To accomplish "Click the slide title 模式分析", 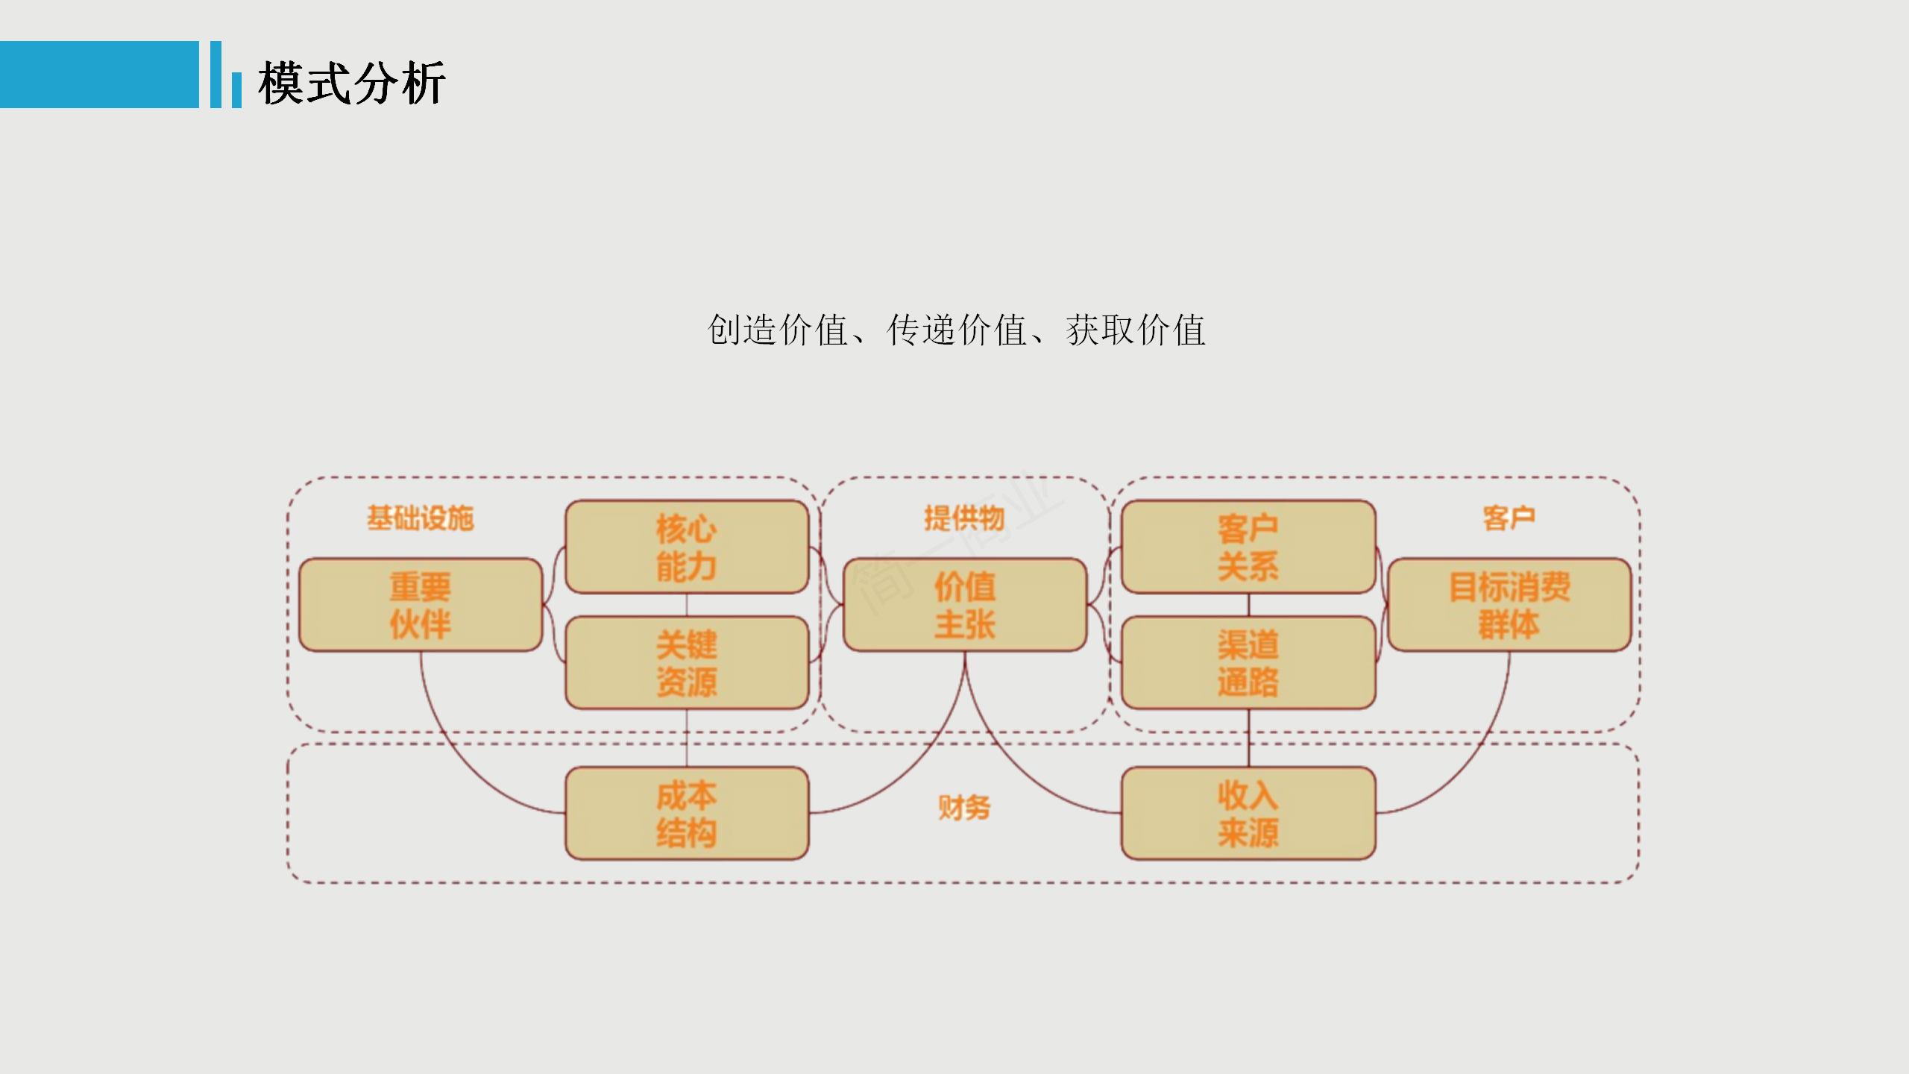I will click(x=351, y=83).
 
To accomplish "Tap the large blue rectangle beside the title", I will click(x=99, y=75).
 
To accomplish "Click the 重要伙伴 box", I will click(x=421, y=605).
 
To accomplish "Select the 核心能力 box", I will click(x=687, y=547).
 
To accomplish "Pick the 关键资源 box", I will click(x=687, y=663).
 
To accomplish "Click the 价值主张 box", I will click(x=965, y=605).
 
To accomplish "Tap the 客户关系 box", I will click(x=1248, y=547).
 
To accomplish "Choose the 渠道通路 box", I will click(x=1248, y=663).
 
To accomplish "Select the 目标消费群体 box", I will click(x=1509, y=605).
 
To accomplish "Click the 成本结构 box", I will click(x=687, y=814).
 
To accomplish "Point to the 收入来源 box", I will click(x=1248, y=814).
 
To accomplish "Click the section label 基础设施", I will click(x=421, y=518).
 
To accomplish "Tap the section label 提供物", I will click(x=965, y=518).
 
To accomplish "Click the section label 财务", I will click(x=964, y=807).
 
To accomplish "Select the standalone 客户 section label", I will click(x=1509, y=518).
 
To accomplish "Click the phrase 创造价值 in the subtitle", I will click(x=777, y=330).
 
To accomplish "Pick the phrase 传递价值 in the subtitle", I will click(x=957, y=330).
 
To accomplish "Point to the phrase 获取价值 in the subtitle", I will click(x=1136, y=330).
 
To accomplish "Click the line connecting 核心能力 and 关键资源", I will click(x=687, y=605).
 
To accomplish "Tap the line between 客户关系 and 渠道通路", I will click(x=1249, y=605).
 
